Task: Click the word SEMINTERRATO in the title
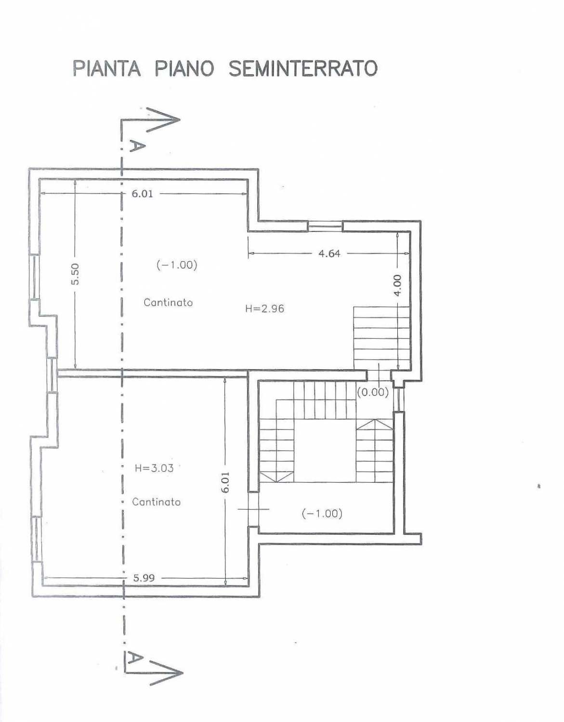(x=303, y=68)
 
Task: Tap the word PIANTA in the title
(x=106, y=68)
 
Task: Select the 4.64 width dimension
(x=329, y=254)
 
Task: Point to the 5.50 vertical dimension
(x=76, y=274)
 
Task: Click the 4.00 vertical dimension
(x=397, y=284)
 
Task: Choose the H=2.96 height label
(x=264, y=309)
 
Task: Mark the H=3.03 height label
(x=154, y=468)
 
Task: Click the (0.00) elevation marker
(x=373, y=392)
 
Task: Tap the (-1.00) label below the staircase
(x=322, y=514)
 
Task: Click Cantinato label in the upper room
(x=168, y=302)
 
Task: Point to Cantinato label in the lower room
(x=157, y=502)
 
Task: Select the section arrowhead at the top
(x=163, y=120)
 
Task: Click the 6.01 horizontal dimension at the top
(x=142, y=193)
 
